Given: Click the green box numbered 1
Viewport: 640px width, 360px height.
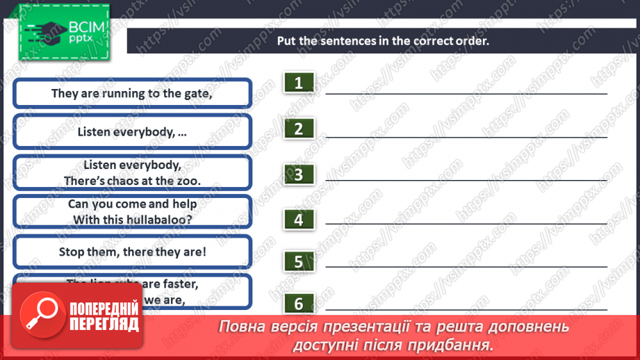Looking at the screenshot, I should tap(299, 83).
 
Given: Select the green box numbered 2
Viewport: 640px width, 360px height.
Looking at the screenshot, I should tap(299, 129).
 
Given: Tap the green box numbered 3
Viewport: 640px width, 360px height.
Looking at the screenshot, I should tap(299, 174).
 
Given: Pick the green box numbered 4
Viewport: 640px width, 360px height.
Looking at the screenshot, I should tap(299, 220).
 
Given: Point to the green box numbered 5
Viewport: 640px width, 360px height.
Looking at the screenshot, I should tap(299, 262).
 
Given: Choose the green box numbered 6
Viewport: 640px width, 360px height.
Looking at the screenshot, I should tap(299, 304).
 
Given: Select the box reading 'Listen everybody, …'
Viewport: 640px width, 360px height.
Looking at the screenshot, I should tap(132, 131).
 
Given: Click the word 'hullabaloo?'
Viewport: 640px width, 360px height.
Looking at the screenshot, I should tap(159, 218).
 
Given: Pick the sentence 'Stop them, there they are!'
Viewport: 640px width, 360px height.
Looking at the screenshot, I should tap(132, 252).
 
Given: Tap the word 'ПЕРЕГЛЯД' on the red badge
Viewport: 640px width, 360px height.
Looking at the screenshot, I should tap(104, 325).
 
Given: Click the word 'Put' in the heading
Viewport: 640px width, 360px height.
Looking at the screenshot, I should tap(287, 40).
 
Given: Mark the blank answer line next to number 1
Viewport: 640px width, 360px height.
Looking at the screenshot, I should tap(466, 92).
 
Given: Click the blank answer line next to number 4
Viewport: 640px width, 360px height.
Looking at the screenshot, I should tap(466, 223).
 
